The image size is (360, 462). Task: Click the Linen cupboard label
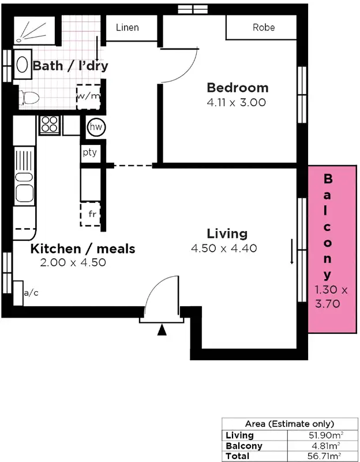pos(127,28)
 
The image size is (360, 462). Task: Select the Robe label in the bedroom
pos(264,27)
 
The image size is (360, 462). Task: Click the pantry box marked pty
pos(89,153)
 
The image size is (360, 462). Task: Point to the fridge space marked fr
pos(91,214)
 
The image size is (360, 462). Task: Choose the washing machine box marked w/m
pos(88,96)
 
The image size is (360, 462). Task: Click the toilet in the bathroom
pos(28,98)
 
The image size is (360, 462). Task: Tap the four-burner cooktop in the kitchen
pos(50,125)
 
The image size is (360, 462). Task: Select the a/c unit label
pos(31,293)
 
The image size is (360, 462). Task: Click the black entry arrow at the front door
pos(163,330)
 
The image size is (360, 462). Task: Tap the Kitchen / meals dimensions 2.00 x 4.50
pos(73,262)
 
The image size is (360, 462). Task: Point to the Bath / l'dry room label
pos(70,65)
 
